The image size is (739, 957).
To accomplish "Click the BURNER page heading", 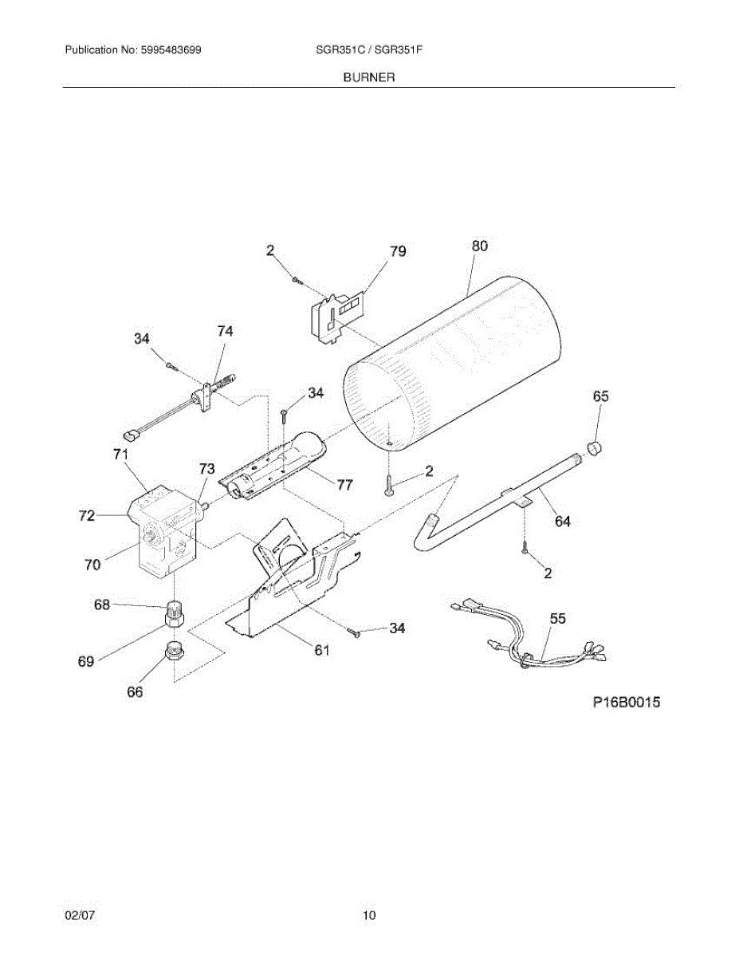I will click(369, 77).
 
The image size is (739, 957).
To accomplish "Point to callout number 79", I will click(397, 251).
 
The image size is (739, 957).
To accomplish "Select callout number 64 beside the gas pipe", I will click(562, 522).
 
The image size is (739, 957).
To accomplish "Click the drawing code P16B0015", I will click(627, 703).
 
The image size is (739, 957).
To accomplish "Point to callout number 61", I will click(320, 650).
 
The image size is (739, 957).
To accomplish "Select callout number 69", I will click(85, 661).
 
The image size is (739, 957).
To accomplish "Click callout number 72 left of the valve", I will click(87, 516).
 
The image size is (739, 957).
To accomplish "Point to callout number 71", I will click(120, 455).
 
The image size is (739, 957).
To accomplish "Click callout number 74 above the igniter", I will click(226, 330).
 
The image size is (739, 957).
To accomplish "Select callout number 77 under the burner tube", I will click(344, 484).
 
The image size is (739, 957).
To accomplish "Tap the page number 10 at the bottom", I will click(368, 916).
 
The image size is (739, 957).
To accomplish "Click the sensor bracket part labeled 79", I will click(335, 315).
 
